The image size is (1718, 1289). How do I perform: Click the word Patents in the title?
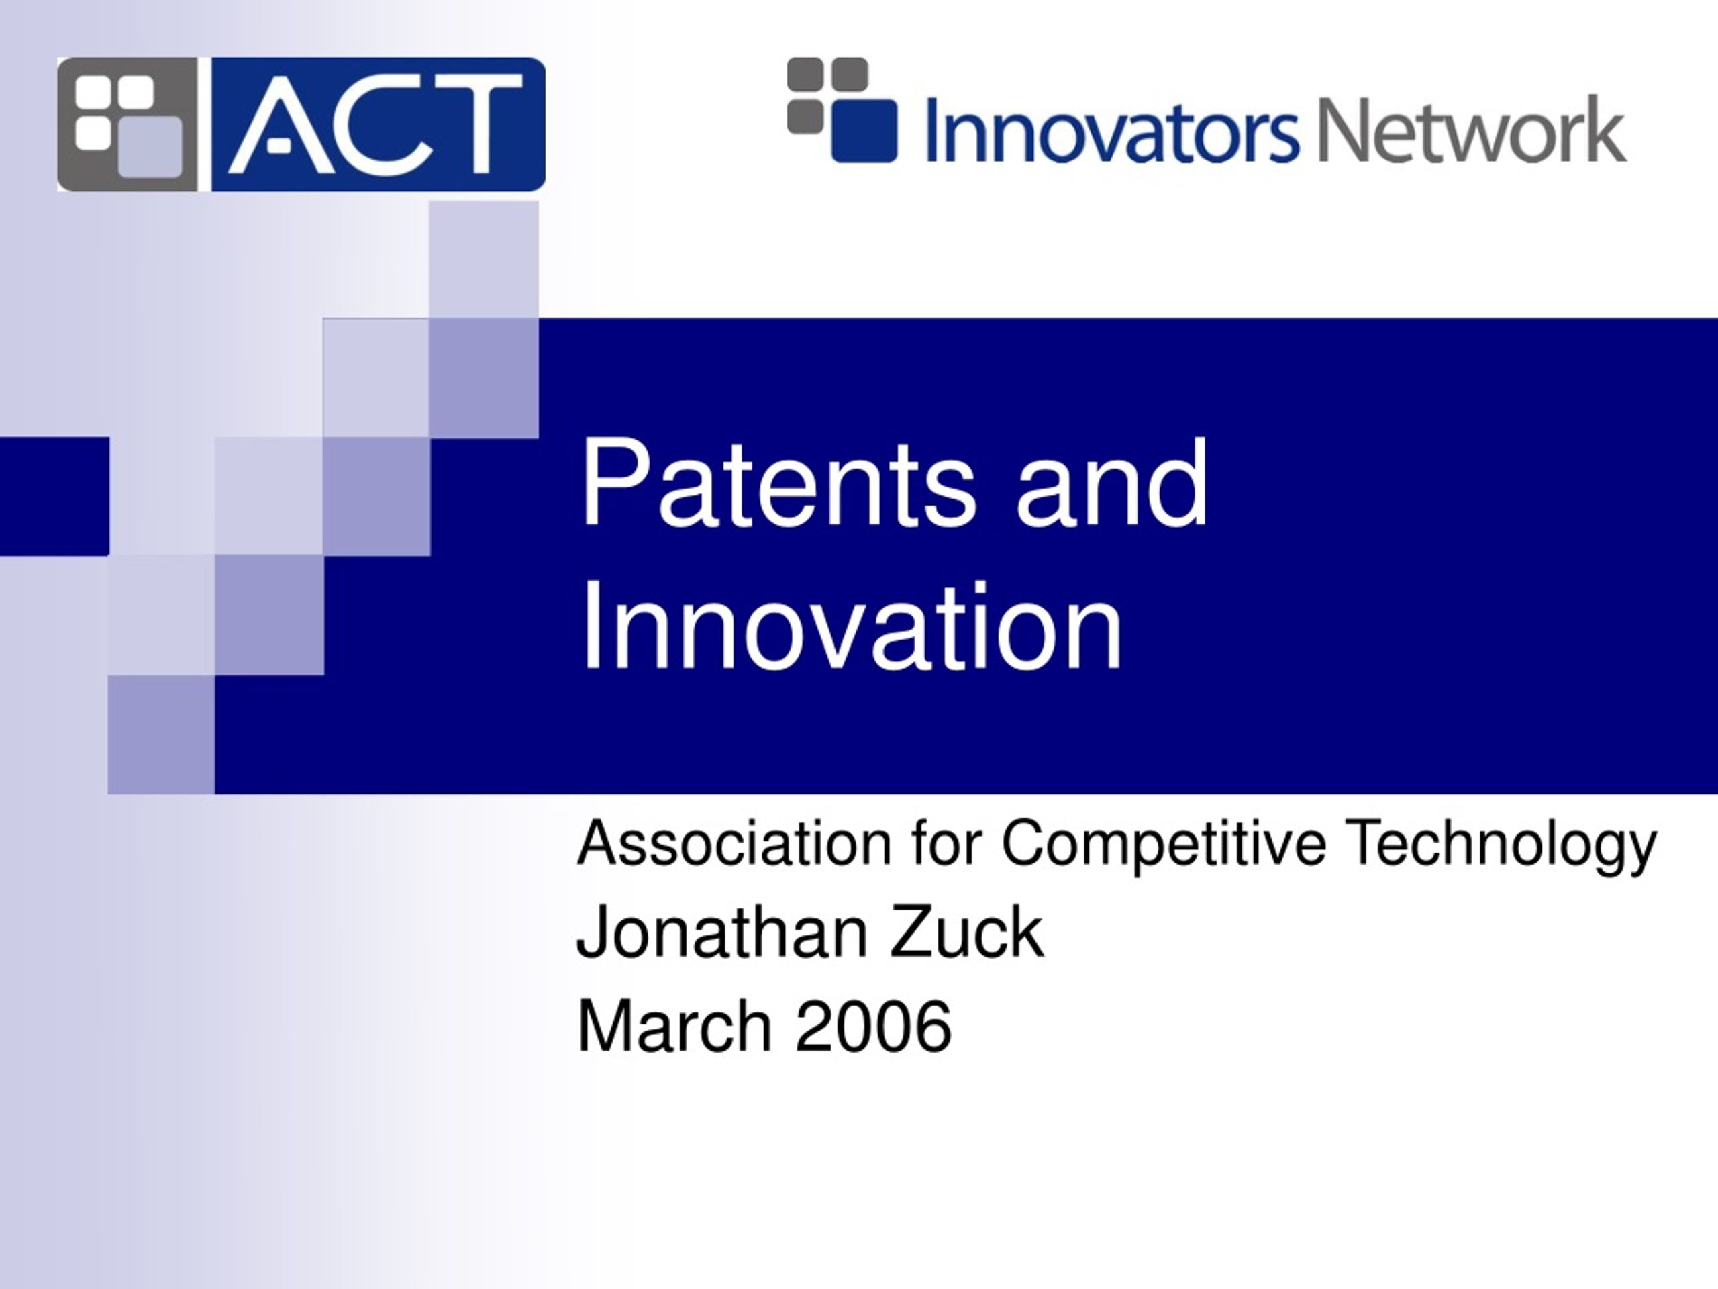(x=776, y=484)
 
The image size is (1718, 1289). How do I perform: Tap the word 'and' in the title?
(x=1111, y=484)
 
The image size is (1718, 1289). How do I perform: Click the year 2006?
(x=873, y=1026)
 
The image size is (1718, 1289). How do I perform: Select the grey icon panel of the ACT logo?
(x=128, y=124)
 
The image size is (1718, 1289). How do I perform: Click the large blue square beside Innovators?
(x=864, y=130)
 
